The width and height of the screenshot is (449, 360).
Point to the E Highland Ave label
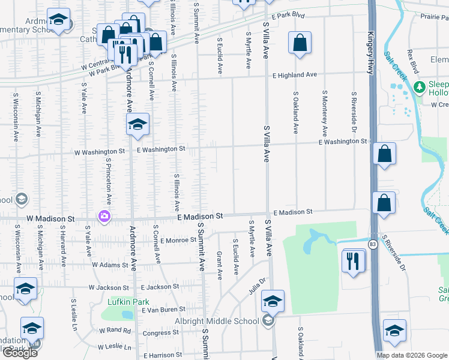[294, 75]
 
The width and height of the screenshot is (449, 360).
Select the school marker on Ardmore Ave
[137, 125]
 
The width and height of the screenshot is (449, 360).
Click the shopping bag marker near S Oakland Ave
[300, 43]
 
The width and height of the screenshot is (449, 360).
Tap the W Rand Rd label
[115, 331]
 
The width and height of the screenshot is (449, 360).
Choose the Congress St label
[157, 332]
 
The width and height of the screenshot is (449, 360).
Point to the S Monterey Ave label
[325, 114]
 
